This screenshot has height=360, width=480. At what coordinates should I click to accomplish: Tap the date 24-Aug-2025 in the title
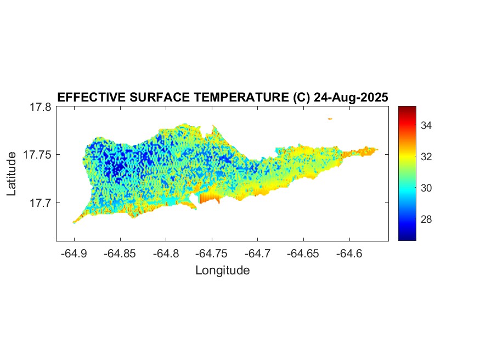click(350, 97)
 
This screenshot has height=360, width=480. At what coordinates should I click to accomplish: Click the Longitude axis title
click(222, 270)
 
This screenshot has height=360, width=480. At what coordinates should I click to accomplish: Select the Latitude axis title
click(12, 173)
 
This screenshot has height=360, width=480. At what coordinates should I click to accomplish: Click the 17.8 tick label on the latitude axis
click(40, 107)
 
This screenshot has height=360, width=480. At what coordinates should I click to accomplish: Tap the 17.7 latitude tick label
click(40, 203)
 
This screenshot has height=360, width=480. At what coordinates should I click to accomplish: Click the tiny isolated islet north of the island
click(330, 119)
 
